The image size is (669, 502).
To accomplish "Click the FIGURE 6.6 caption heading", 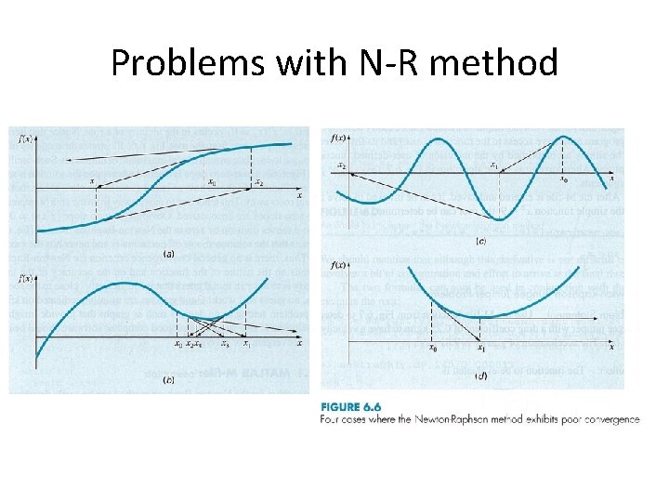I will [x=351, y=406].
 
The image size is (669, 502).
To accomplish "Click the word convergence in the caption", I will [x=605, y=419].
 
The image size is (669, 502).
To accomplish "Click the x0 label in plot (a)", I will [x=213, y=182].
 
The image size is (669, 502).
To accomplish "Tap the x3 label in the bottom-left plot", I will [x=224, y=345].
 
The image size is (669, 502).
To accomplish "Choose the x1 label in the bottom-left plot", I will [x=247, y=345].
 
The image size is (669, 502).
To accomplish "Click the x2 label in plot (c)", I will [x=341, y=165].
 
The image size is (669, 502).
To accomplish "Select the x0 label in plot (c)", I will [x=563, y=180].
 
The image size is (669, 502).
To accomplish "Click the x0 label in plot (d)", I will [x=432, y=349].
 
